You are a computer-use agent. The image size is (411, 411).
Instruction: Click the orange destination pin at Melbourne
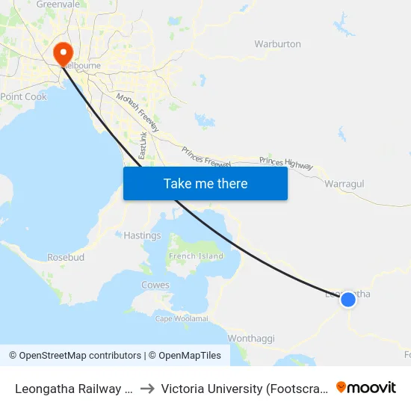(x=62, y=52)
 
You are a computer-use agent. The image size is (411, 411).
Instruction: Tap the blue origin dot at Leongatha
(x=348, y=299)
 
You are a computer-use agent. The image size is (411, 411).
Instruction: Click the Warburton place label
(x=277, y=44)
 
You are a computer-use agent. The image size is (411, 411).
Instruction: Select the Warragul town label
(x=344, y=183)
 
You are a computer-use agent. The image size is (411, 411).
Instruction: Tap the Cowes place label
(x=155, y=285)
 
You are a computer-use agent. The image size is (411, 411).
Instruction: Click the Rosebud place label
(x=66, y=257)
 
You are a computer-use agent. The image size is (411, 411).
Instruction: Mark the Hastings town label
(x=142, y=235)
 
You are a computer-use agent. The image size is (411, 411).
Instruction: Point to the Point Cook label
(x=24, y=96)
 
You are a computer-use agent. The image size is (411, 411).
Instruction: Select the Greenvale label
(x=58, y=4)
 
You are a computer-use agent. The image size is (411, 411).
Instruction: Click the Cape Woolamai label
(x=182, y=318)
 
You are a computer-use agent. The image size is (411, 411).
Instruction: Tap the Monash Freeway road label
(x=137, y=113)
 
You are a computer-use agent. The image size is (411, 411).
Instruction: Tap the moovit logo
(x=366, y=387)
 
